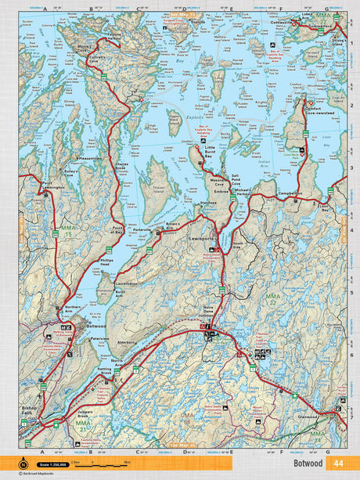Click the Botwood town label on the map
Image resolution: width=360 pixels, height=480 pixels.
(96, 324)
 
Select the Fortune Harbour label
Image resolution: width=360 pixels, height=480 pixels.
(110, 34)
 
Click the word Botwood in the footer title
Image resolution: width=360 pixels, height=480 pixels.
(304, 464)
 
